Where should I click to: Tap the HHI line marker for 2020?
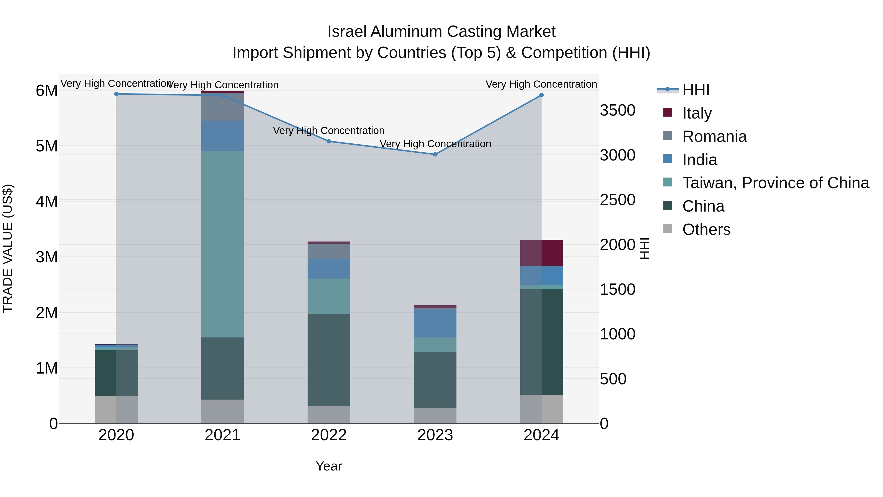coord(116,94)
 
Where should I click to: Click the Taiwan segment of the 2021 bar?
coord(222,244)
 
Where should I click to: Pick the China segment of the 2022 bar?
coord(329,360)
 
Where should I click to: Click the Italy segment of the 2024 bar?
coord(542,253)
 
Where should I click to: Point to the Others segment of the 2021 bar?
coord(222,411)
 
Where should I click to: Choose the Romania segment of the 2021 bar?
coord(222,107)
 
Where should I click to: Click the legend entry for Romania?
coord(714,136)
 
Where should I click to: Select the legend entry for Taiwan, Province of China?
coord(775,183)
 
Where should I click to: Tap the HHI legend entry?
coord(696,90)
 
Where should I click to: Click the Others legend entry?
coord(706,229)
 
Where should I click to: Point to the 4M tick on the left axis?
coord(47,201)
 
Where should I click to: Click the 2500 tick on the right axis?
coord(617,200)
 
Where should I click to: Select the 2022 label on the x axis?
coord(329,435)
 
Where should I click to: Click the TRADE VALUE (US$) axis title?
coord(8,248)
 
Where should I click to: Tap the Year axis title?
coord(329,466)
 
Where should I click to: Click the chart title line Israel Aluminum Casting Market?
coord(441,32)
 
